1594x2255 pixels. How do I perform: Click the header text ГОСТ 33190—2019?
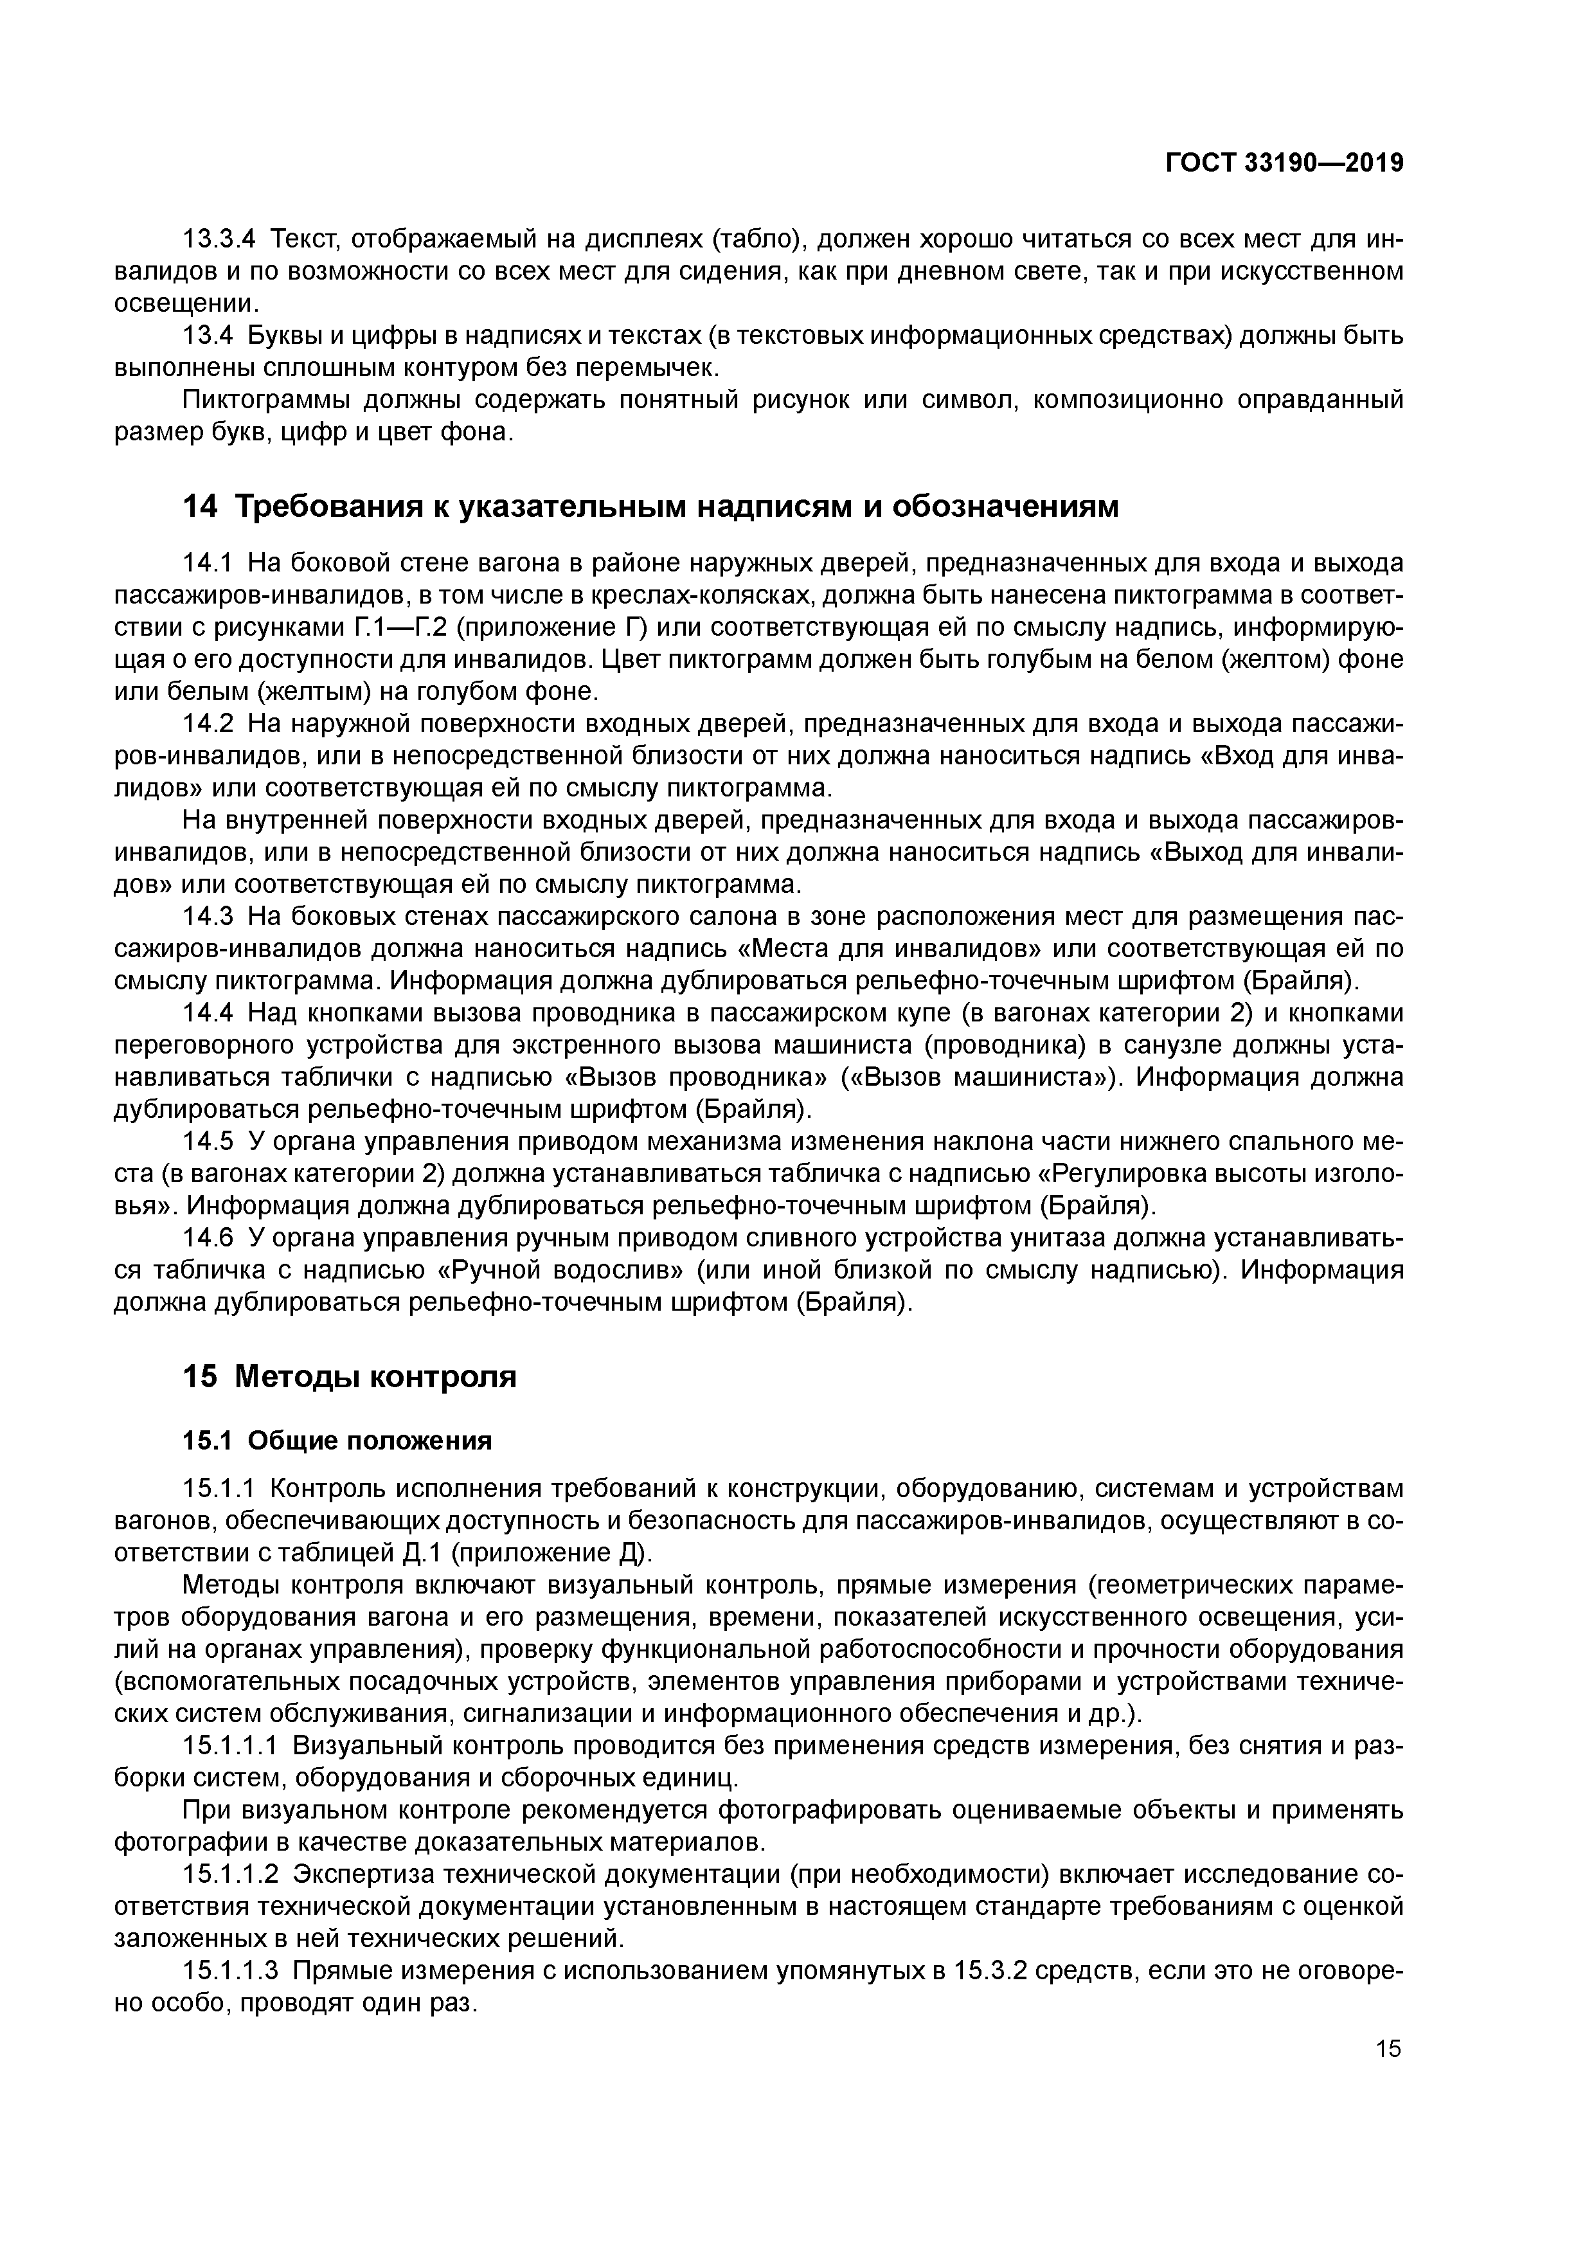pos(1284,163)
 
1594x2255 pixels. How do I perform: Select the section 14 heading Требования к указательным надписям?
pos(650,507)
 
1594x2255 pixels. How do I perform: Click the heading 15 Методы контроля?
pos(350,1377)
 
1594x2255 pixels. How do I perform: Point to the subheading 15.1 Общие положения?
pos(337,1441)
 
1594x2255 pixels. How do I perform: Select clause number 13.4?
pos(208,336)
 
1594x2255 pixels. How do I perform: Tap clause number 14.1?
pos(208,564)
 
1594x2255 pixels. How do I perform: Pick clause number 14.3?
pos(208,917)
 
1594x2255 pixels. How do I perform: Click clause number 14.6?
pos(208,1239)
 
